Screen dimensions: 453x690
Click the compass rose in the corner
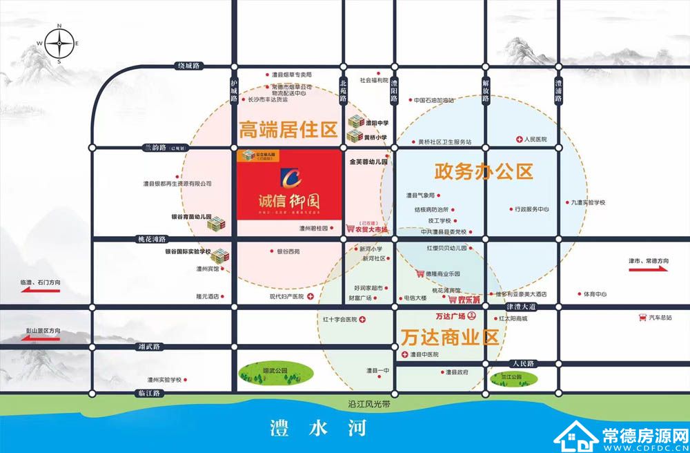[x=59, y=44]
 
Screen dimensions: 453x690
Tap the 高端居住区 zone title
[x=287, y=128]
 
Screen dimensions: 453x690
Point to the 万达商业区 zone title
[x=450, y=338]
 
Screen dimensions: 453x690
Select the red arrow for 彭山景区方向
[x=31, y=339]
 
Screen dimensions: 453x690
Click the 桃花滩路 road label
[x=152, y=238]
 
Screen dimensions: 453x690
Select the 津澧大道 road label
[x=521, y=306]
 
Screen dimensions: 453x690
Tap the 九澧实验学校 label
[x=588, y=202]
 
